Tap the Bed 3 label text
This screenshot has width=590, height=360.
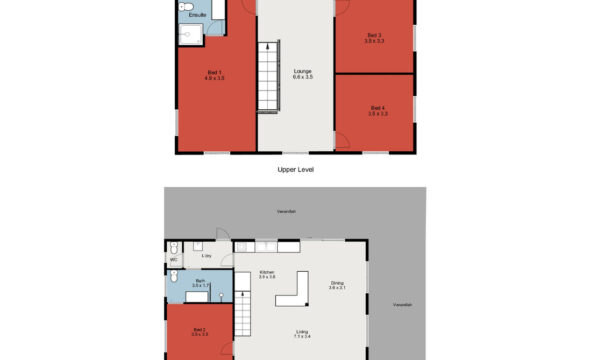[375, 38]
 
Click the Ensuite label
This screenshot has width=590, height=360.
[197, 15]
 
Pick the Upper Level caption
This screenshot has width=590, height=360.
[296, 170]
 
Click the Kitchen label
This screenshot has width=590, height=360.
[268, 275]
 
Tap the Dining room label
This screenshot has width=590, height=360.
[338, 286]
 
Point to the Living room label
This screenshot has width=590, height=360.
[301, 334]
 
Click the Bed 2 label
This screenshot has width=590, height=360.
[199, 332]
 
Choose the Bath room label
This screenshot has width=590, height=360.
[200, 284]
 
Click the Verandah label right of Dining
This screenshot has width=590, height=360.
[401, 303]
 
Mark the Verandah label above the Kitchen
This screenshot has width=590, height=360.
[287, 211]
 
